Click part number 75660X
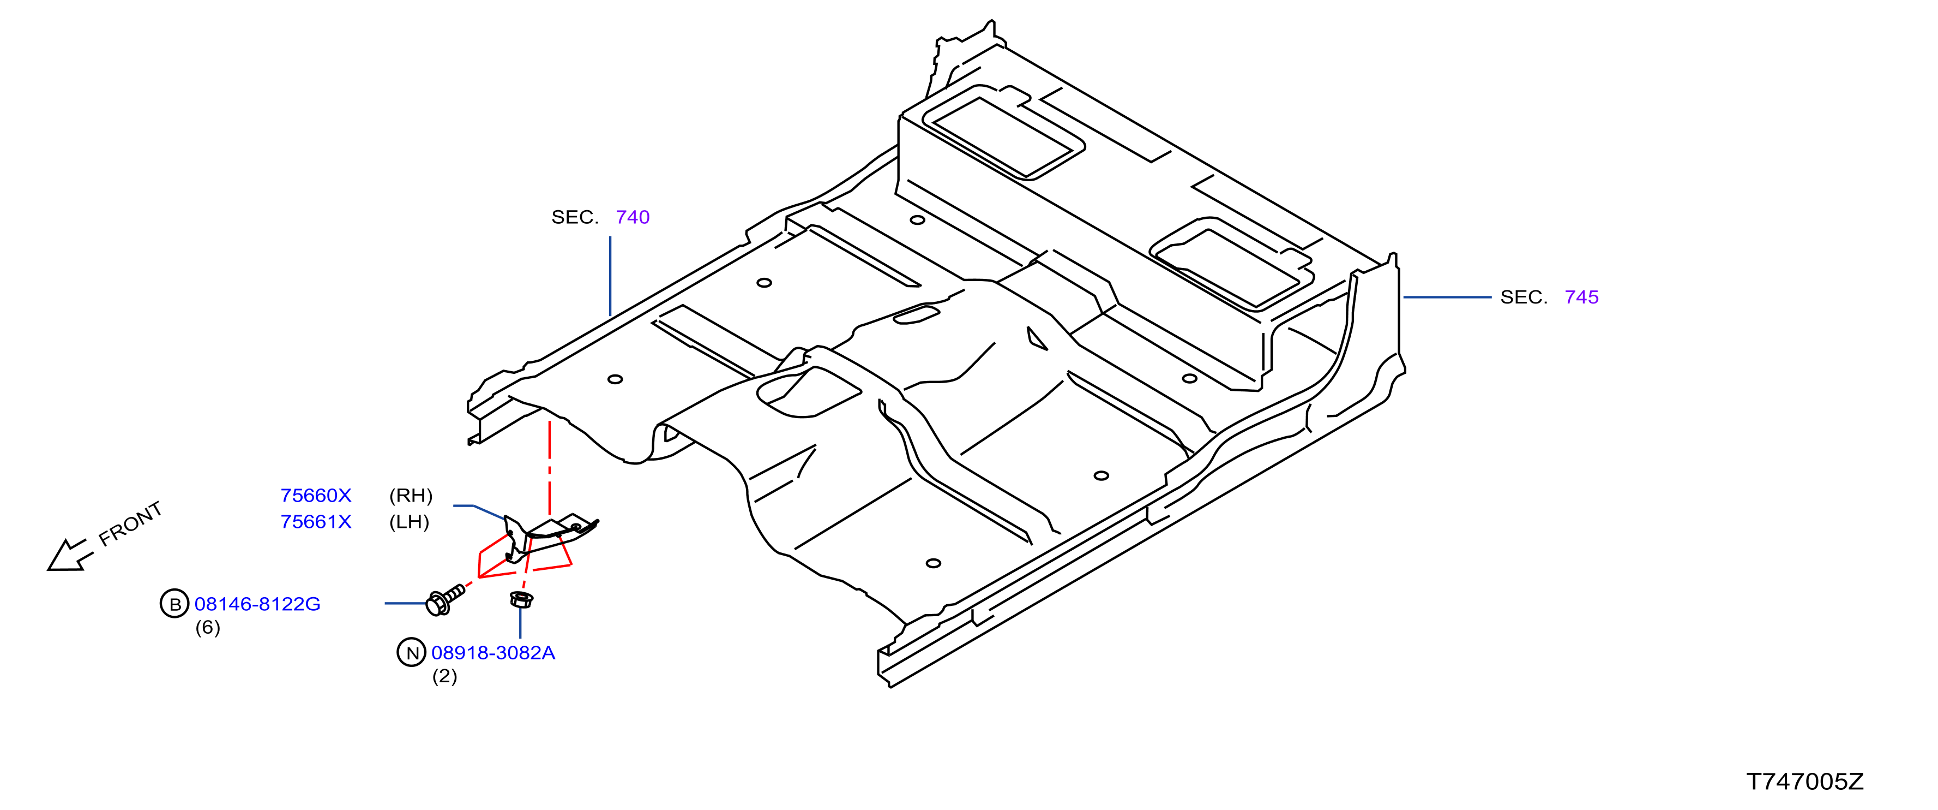click(316, 496)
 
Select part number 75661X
click(316, 522)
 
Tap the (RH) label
click(411, 496)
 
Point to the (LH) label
click(410, 522)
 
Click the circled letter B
click(174, 604)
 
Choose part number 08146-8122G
click(257, 604)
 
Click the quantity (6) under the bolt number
click(208, 627)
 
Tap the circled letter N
click(412, 653)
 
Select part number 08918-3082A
click(493, 653)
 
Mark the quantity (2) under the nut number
click(444, 676)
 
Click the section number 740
click(633, 218)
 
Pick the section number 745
click(1581, 297)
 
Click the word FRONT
click(130, 524)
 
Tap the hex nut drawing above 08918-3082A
click(521, 599)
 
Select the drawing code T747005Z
click(1805, 782)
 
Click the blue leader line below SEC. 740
click(610, 276)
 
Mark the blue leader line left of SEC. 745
click(1447, 297)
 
